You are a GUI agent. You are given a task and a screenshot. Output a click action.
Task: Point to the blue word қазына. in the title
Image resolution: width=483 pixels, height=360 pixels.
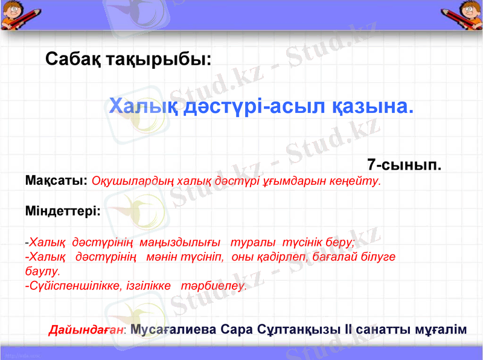point(373,107)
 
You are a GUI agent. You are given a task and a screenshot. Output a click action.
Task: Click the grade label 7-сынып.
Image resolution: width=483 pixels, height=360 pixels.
point(404,164)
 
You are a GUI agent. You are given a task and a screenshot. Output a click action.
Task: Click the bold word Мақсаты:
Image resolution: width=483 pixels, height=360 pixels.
point(57,181)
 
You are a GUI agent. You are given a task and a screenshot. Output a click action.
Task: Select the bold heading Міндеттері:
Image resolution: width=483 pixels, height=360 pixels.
point(63,212)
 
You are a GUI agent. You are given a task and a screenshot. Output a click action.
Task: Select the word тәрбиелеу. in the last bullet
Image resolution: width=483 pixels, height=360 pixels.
point(214,286)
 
